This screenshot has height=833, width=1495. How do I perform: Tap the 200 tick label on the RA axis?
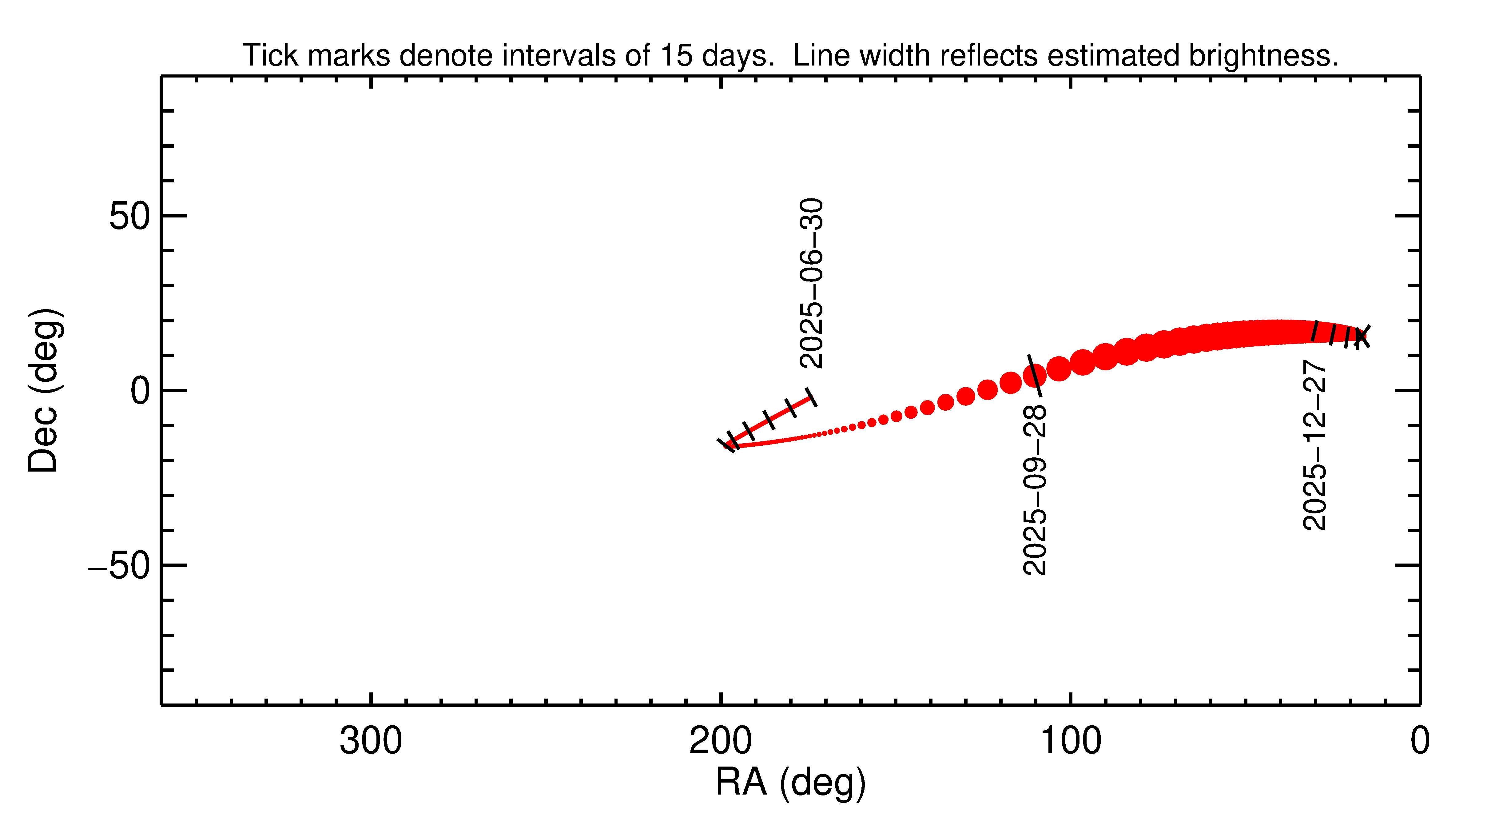tap(720, 741)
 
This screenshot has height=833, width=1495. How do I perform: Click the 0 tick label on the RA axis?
tap(1420, 741)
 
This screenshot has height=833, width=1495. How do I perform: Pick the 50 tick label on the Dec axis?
tap(129, 217)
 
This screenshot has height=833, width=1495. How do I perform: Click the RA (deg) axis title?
tap(790, 783)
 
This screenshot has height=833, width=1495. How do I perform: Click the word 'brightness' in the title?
tap(1262, 56)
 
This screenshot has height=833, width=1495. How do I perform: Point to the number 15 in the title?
tap(676, 56)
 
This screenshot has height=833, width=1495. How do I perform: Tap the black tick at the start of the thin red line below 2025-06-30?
tap(811, 397)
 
